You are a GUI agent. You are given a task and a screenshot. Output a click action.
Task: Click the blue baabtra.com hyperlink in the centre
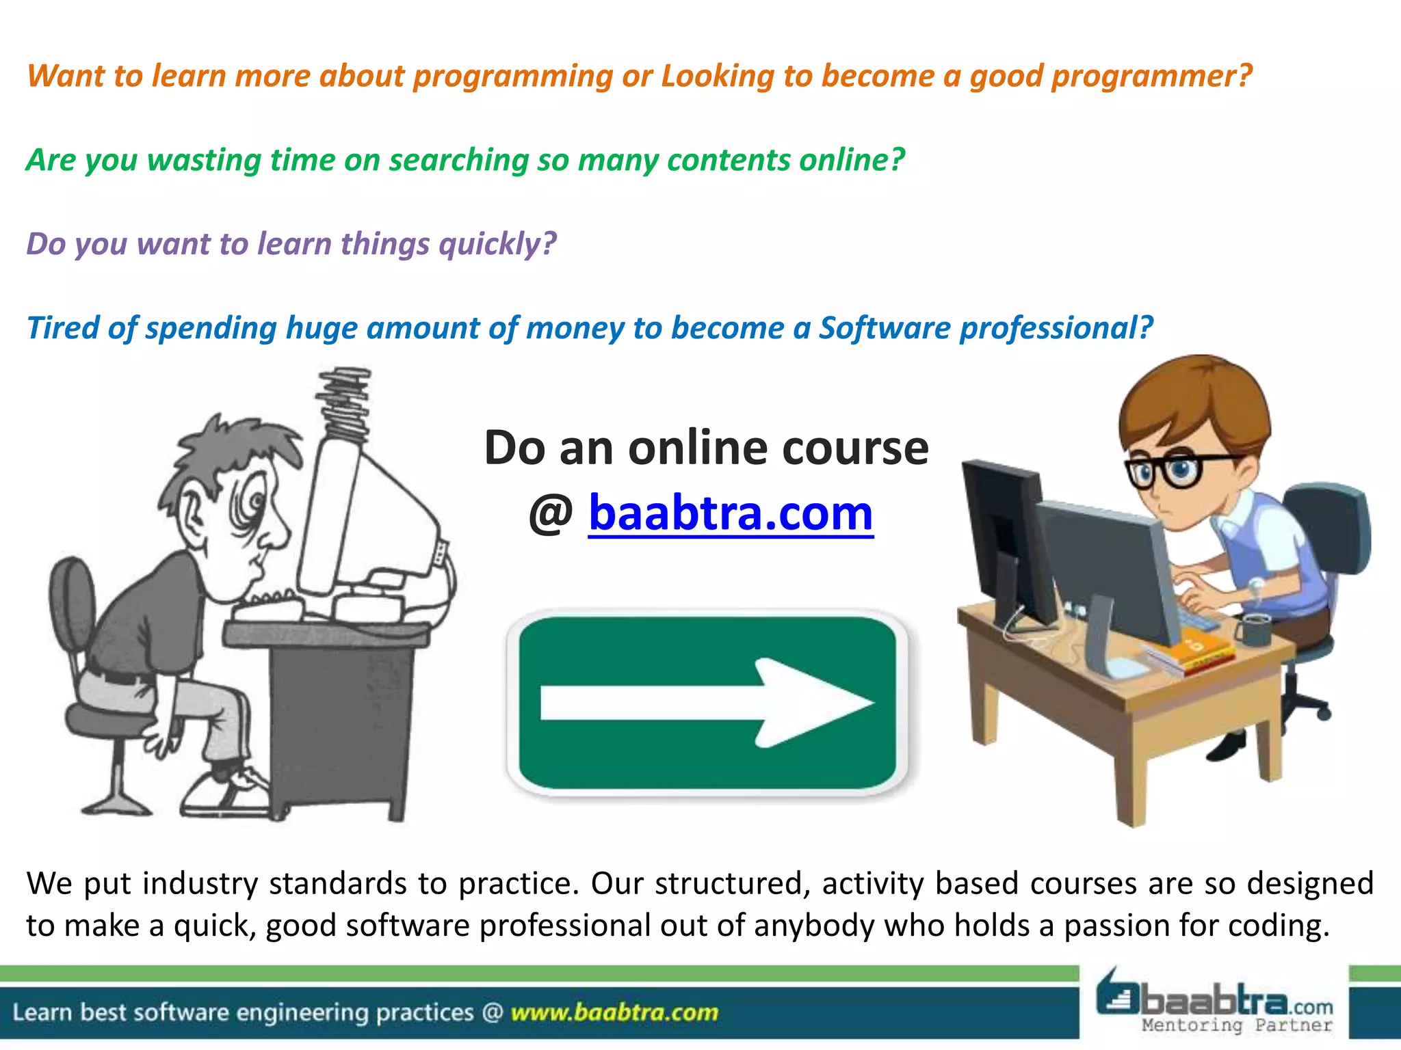[731, 513]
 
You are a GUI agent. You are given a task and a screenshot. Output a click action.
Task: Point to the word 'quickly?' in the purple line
[497, 245]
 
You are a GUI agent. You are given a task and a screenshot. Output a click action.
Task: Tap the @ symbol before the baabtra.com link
[551, 514]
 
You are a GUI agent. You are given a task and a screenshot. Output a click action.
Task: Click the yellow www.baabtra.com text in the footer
[614, 1012]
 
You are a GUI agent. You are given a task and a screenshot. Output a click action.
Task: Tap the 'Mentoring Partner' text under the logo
[1237, 1025]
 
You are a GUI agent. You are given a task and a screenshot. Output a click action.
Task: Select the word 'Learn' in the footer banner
[41, 1012]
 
